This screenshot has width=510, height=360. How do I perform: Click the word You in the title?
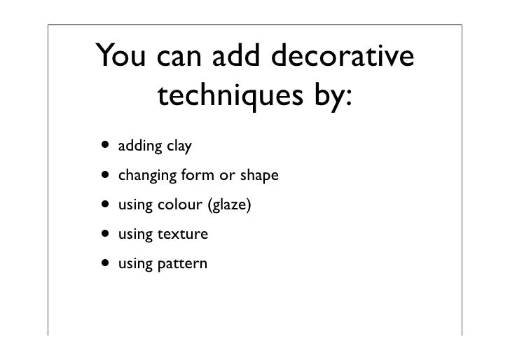123,56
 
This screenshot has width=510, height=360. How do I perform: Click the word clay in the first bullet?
178,148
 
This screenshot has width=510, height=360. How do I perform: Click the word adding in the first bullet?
140,148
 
